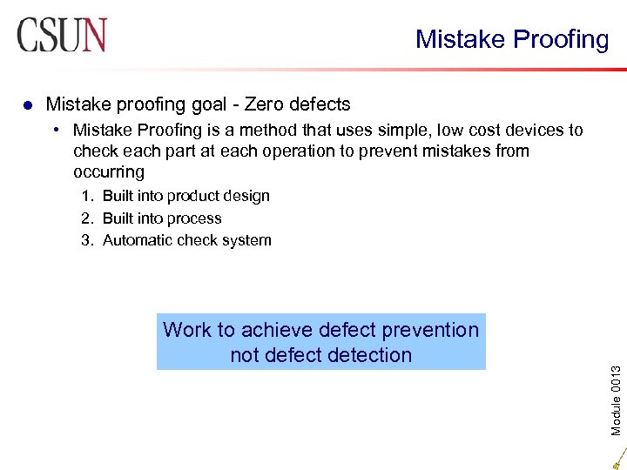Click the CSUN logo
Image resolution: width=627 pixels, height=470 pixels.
click(62, 36)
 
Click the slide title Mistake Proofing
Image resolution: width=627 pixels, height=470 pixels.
click(512, 39)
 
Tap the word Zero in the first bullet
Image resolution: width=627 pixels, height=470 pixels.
click(266, 104)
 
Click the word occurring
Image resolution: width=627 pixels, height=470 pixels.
click(109, 172)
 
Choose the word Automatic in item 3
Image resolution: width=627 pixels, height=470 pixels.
click(138, 240)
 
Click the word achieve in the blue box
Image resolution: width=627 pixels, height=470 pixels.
click(277, 330)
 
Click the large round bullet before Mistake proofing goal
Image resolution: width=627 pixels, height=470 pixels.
click(28, 105)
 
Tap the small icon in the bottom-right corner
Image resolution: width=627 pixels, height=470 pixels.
click(618, 458)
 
